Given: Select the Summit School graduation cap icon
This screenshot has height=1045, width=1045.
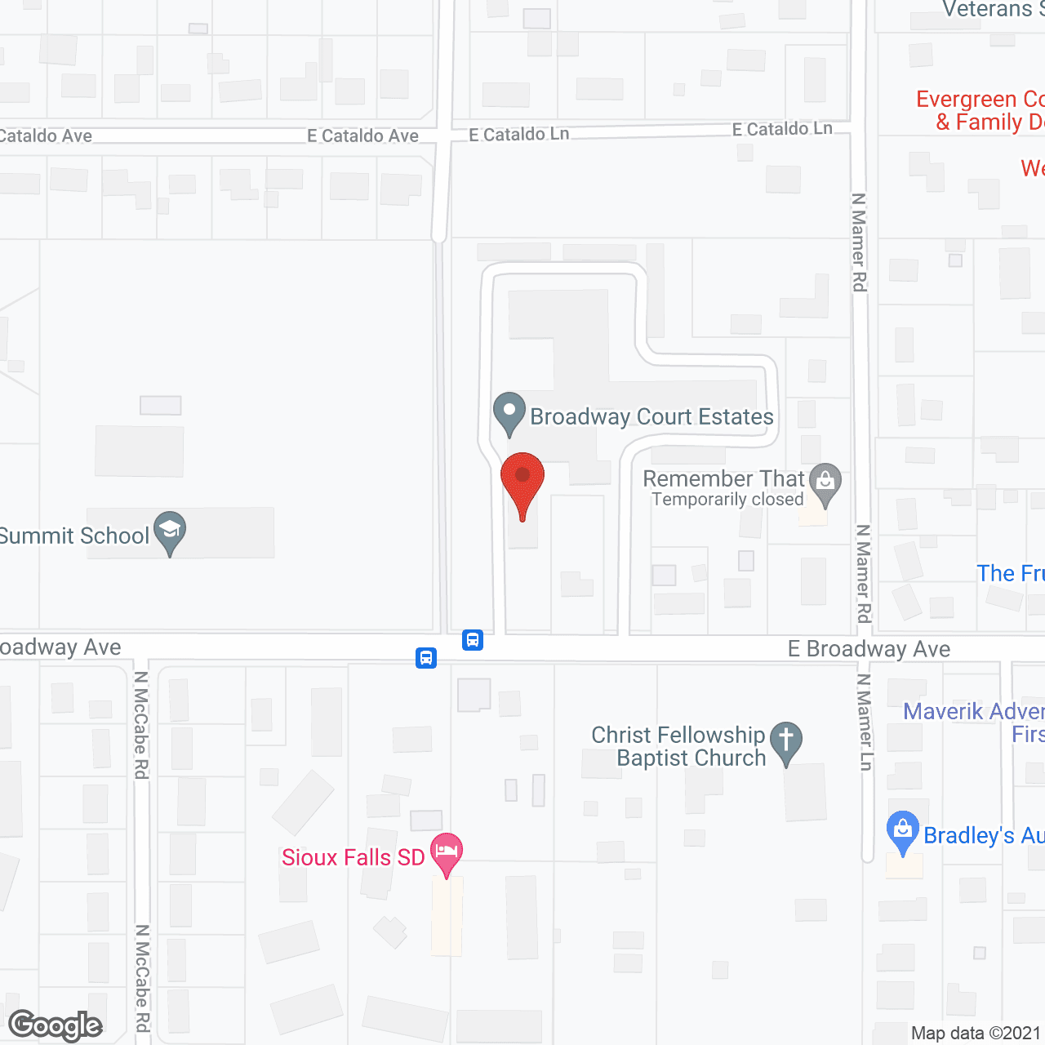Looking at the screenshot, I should [x=170, y=531].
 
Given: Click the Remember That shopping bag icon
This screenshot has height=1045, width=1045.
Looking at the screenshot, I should [x=825, y=482].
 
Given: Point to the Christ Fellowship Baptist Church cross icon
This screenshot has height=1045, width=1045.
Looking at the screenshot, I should [x=786, y=742].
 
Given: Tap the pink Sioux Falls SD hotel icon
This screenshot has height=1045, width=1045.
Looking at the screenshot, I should [x=446, y=852].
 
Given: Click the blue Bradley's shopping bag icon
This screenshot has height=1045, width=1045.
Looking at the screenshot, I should [x=902, y=831].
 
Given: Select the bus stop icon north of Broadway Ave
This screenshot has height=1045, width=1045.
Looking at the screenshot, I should [x=473, y=640].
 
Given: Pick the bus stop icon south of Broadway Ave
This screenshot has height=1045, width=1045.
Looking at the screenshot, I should [x=426, y=658].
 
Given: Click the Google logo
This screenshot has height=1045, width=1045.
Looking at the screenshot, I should [x=56, y=1025].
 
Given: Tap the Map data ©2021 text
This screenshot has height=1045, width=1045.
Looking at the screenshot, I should [x=976, y=1034].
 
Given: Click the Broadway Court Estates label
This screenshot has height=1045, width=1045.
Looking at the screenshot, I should [x=651, y=417].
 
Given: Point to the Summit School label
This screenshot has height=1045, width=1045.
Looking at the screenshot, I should [x=74, y=536].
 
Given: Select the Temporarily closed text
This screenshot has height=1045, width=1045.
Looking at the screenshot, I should [x=727, y=500].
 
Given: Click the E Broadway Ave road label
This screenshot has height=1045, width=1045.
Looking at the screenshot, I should [x=869, y=649].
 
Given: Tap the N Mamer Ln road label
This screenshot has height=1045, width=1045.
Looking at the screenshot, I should [x=865, y=722].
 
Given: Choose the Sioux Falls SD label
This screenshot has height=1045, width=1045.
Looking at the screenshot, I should [x=353, y=857].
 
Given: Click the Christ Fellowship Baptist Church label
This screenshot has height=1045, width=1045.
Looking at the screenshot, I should [x=678, y=746].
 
